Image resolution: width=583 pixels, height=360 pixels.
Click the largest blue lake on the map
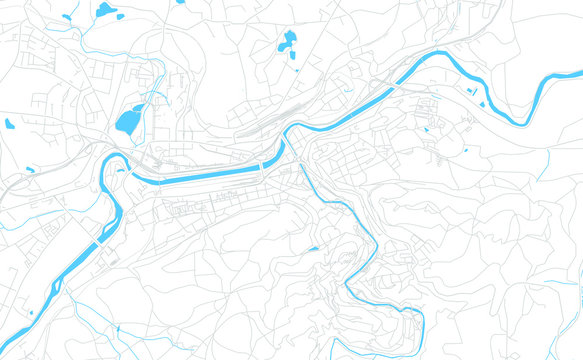pos(127,122)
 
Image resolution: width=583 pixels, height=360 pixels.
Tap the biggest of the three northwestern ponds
pos(105,11)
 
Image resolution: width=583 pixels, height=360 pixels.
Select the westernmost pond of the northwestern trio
pos(67,16)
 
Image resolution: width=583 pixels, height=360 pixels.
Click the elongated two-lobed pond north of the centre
pos(288,42)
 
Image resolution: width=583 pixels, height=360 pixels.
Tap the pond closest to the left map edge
pos(9,124)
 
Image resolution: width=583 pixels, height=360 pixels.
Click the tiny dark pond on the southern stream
pos(313,249)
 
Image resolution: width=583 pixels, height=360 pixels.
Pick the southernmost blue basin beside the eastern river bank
pos(483,104)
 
